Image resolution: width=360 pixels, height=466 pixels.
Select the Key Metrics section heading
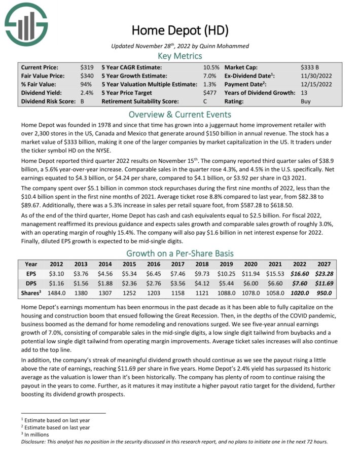[x=179, y=56]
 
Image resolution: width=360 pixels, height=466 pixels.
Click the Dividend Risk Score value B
[x=82, y=101]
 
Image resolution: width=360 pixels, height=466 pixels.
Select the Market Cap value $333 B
[x=310, y=67]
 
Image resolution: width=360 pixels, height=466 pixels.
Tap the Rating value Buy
[x=306, y=101]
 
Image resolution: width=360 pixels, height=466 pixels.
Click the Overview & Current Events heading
[x=179, y=114]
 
